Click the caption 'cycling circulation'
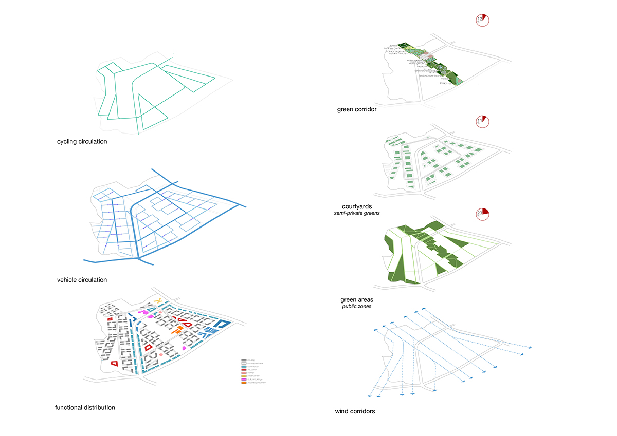tap(82, 141)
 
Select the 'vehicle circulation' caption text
tap(82, 280)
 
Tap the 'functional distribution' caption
tap(85, 407)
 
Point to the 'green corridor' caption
tap(357, 109)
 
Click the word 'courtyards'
tap(360, 206)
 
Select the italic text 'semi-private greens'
tap(360, 213)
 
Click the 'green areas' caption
tap(357, 300)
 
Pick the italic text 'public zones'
tap(357, 307)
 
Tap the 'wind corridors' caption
tap(355, 411)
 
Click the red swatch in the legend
tap(244, 370)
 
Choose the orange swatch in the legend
tap(244, 383)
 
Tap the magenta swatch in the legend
tap(244, 380)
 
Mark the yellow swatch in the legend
tap(244, 376)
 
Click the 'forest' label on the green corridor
tap(393, 45)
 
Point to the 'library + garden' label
tap(446, 83)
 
